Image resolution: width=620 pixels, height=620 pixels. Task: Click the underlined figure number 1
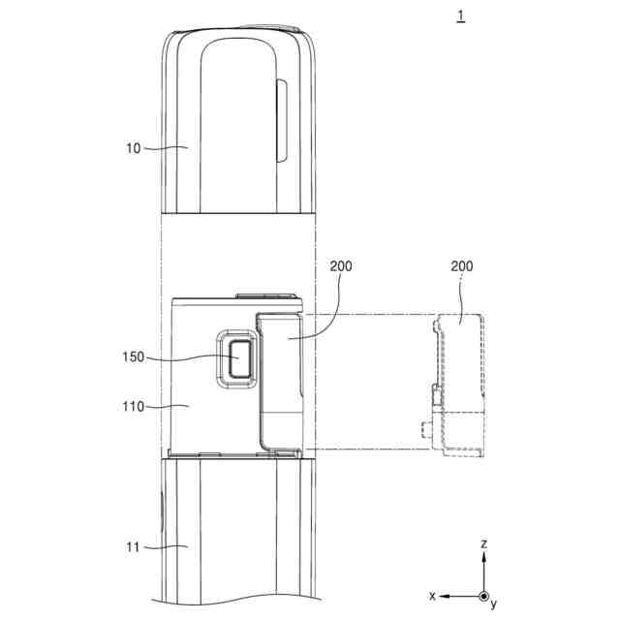click(461, 16)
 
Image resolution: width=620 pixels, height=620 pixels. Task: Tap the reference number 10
click(134, 148)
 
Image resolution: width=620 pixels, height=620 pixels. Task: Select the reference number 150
click(134, 357)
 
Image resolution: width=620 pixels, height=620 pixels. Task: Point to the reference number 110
click(134, 407)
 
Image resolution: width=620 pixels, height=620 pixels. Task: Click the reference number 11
click(133, 547)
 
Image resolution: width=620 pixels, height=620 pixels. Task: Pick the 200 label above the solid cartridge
click(341, 266)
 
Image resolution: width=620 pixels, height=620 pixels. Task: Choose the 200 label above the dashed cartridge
click(462, 266)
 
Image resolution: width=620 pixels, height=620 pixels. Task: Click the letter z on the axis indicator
click(484, 544)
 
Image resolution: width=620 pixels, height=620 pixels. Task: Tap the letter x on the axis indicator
click(432, 596)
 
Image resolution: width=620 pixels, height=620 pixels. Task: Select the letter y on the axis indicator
click(493, 604)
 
